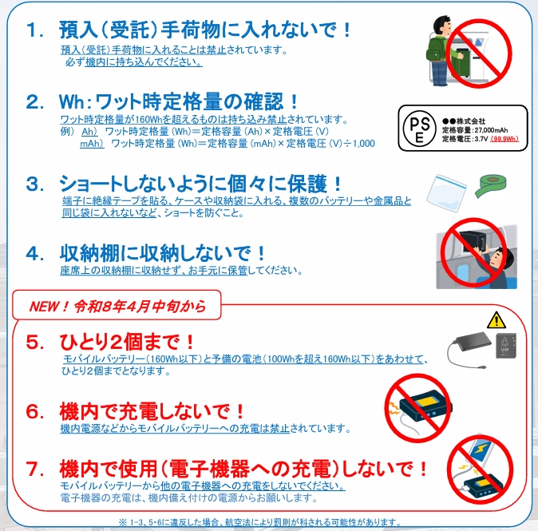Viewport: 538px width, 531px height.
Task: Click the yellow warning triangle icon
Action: (496, 319)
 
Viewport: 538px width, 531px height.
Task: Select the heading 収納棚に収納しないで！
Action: (164, 254)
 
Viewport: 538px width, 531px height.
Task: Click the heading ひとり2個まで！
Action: (127, 342)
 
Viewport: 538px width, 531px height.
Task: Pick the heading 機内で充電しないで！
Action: (152, 412)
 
